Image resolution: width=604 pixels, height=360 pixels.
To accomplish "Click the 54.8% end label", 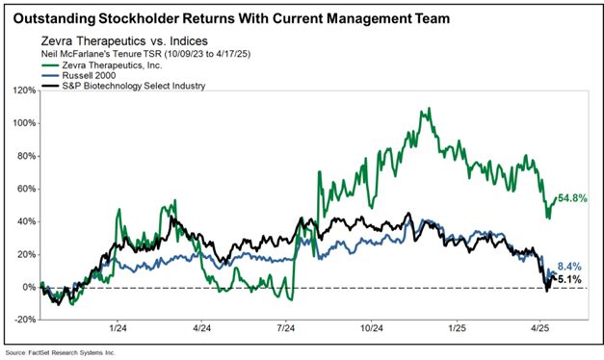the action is tap(572, 198).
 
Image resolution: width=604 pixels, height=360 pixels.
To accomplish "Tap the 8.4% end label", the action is tap(569, 267).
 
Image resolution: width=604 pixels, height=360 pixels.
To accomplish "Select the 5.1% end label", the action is tap(569, 279).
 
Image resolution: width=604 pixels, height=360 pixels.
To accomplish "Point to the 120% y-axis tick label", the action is tap(26, 90).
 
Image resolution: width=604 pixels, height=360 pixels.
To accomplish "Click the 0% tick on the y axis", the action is tap(30, 287).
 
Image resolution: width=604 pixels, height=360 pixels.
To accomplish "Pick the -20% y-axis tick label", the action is tap(26, 320).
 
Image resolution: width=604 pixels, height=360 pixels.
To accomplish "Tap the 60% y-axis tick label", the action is tap(28, 189).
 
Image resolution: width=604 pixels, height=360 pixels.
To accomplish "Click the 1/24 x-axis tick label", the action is tap(118, 328).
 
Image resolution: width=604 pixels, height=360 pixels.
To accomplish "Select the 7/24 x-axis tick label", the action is tap(285, 328).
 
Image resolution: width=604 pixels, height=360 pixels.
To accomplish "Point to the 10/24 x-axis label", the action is tap(371, 328).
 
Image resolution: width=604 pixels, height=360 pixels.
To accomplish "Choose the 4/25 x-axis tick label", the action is tap(540, 328).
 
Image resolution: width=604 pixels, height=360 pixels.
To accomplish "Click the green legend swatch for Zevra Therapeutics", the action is tap(50, 65).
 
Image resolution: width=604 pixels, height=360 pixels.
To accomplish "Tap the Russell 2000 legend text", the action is tap(89, 75).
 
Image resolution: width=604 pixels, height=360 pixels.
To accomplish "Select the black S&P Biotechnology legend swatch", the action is tap(50, 86).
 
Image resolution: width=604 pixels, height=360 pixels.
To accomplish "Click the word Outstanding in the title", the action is tap(54, 18).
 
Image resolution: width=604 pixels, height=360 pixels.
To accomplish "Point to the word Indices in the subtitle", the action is tap(189, 40).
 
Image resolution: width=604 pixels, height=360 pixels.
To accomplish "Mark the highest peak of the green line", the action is tap(430, 108).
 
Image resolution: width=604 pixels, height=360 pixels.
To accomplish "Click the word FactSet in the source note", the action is tap(38, 352).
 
